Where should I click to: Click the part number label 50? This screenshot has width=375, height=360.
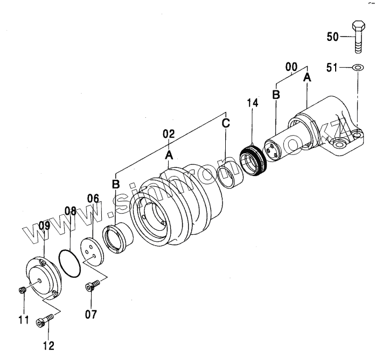tap(333, 37)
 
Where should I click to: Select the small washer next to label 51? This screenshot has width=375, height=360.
tap(356, 68)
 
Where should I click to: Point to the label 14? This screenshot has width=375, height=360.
tap(254, 103)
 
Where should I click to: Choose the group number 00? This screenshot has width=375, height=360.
tap(291, 67)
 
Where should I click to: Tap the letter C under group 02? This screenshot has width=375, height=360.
tap(226, 123)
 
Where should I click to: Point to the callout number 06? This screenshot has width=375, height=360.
tap(93, 199)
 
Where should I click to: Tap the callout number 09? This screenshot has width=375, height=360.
tap(44, 226)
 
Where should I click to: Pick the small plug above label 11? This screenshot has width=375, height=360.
tap(23, 291)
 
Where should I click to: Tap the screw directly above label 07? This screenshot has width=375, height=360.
tap(92, 286)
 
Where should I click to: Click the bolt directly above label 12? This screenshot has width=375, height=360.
tap(43, 322)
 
